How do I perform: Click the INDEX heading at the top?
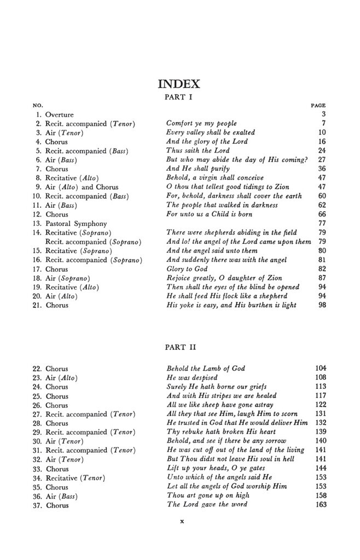pos(179,84)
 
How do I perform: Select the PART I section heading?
pos(179,97)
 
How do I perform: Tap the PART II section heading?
pos(179,347)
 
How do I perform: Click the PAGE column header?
pos(318,105)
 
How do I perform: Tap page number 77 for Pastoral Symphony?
pos(322,223)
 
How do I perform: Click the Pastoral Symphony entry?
pos(76,223)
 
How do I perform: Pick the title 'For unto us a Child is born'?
pos(210,214)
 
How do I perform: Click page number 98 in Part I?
pos(322,305)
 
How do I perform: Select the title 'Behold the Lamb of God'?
pos(205,369)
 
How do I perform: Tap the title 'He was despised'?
pos(191,377)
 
